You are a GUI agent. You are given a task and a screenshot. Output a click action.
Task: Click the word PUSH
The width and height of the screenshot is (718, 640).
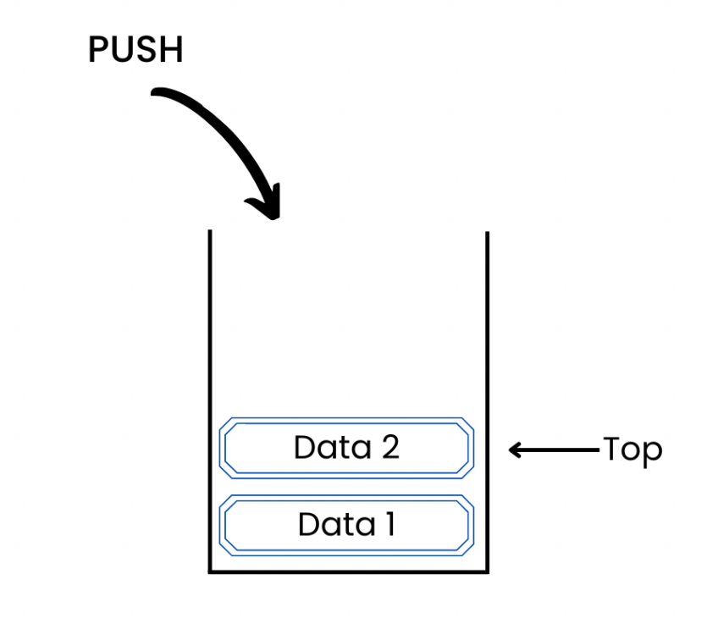click(x=135, y=51)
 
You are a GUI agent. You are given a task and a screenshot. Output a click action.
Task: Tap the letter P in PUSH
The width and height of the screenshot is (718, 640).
click(x=98, y=51)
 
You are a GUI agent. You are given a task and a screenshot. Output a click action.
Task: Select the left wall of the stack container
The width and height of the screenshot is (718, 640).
click(x=210, y=398)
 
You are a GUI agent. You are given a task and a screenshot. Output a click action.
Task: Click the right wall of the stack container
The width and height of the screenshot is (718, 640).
click(x=488, y=398)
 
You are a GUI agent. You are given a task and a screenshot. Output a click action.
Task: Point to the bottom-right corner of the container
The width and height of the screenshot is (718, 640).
click(x=488, y=572)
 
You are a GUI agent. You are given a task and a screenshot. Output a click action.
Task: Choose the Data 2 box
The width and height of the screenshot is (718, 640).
click(x=346, y=446)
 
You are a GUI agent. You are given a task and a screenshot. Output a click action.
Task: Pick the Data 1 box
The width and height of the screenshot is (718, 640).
click(x=346, y=525)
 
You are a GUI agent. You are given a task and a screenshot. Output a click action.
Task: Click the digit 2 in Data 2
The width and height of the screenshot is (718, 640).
click(x=389, y=446)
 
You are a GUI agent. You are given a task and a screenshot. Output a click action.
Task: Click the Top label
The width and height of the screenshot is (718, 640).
click(x=632, y=450)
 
